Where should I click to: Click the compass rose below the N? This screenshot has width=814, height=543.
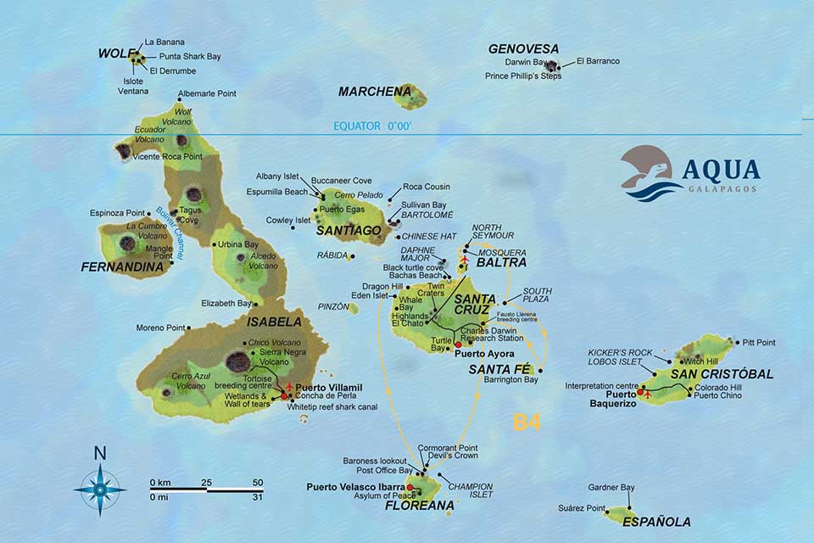(x=99, y=490)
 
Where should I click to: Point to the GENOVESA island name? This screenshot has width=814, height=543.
(x=523, y=49)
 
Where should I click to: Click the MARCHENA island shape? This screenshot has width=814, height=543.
(x=410, y=95)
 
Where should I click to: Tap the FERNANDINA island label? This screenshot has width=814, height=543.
(x=121, y=266)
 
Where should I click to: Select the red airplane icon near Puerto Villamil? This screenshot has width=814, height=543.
(x=290, y=387)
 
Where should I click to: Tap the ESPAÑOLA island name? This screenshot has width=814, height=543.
(x=656, y=522)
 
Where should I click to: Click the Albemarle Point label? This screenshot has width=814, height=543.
(x=207, y=94)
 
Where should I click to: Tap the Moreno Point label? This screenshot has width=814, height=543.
(x=159, y=327)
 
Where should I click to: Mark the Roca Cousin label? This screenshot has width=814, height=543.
(x=427, y=187)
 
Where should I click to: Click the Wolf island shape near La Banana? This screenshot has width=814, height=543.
(x=135, y=59)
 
